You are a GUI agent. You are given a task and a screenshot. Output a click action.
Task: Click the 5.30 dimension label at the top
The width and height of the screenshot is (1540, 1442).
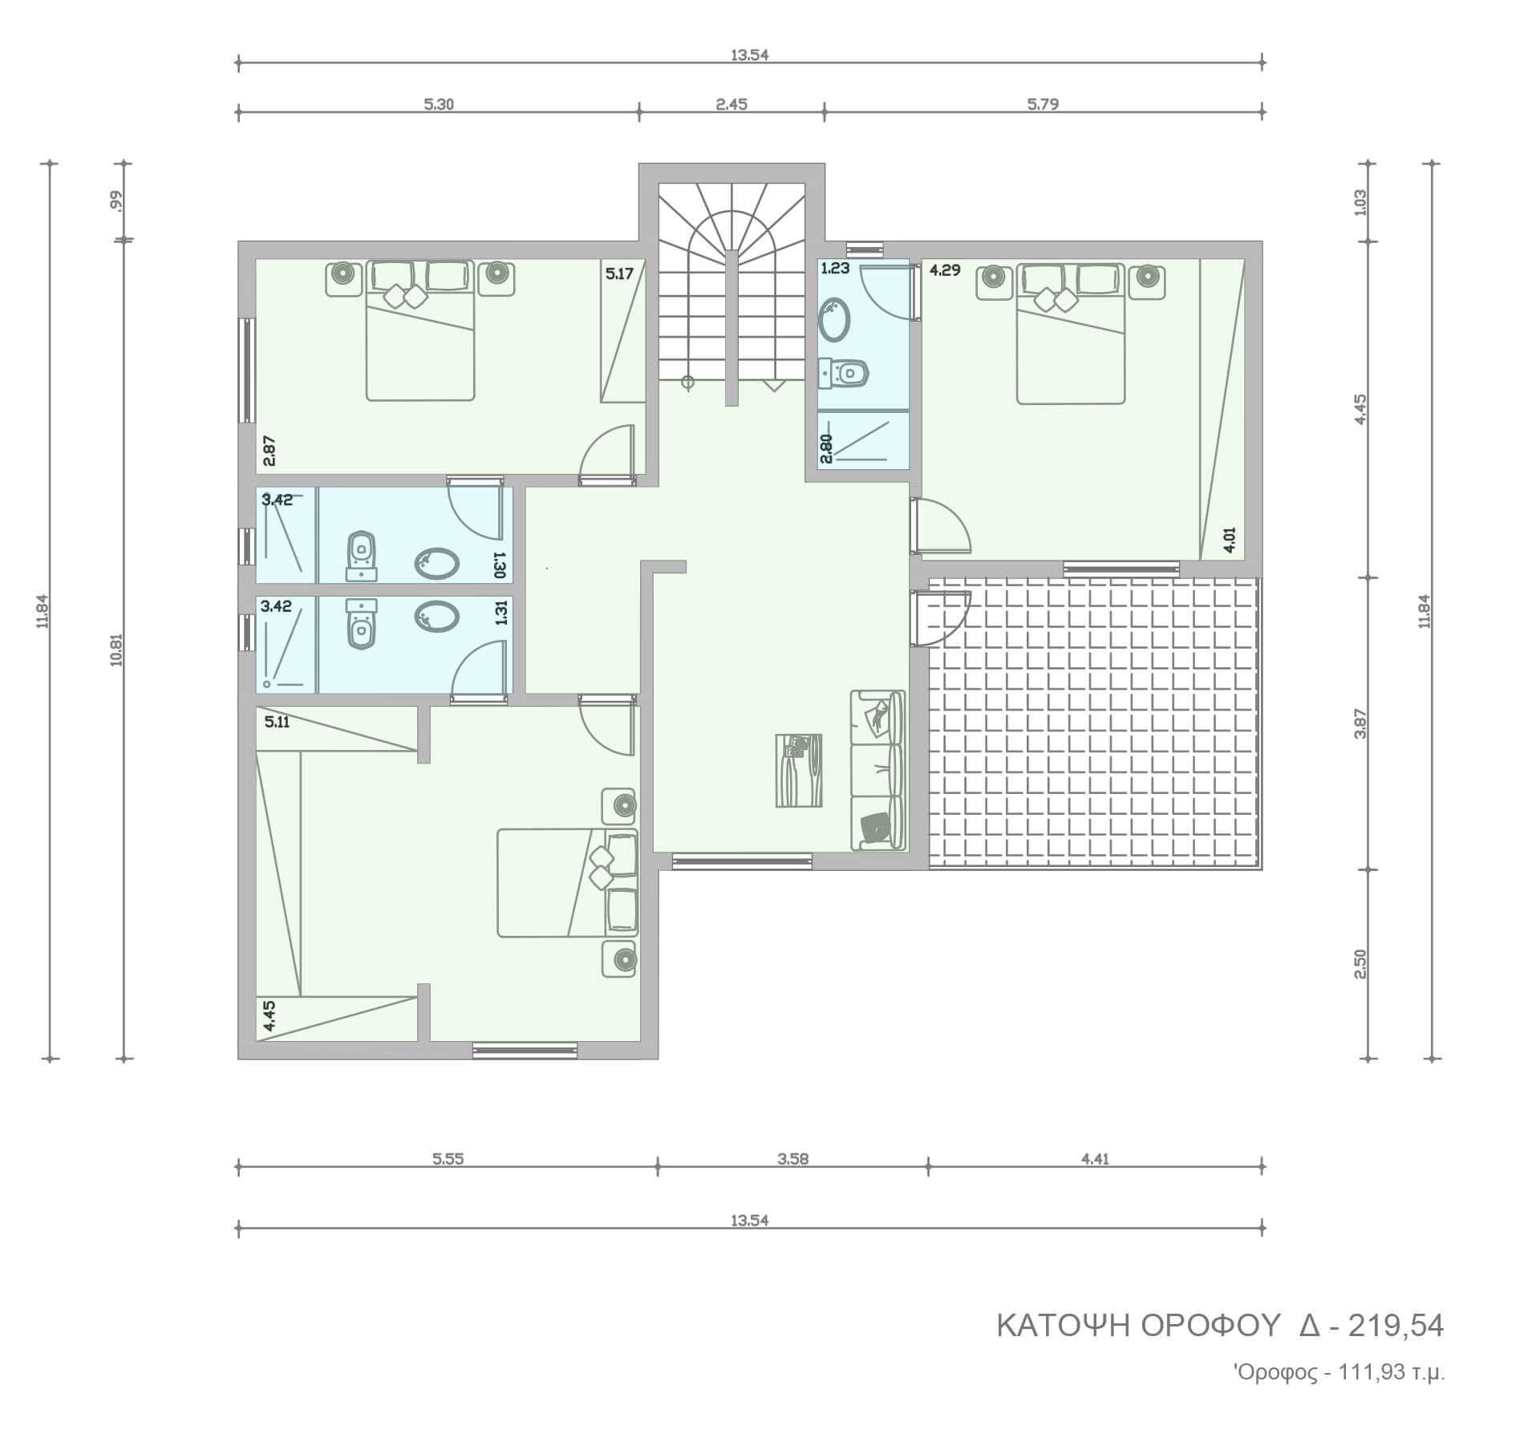click(x=439, y=104)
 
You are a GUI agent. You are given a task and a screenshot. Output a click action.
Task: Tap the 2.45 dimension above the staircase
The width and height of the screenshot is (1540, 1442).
click(x=731, y=104)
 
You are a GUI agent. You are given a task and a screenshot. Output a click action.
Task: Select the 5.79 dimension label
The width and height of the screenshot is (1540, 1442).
click(x=1043, y=104)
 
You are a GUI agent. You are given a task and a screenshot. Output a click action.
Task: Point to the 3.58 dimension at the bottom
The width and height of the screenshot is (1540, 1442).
click(x=792, y=1158)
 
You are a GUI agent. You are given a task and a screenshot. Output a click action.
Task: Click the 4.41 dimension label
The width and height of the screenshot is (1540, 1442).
click(x=1095, y=1158)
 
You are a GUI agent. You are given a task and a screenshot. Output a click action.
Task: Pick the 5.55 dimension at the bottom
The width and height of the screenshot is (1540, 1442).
click(x=448, y=1158)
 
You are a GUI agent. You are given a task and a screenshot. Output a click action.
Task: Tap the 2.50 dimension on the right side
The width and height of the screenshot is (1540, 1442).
click(x=1359, y=964)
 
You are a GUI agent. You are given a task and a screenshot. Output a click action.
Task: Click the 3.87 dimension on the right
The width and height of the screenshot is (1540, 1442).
click(x=1359, y=723)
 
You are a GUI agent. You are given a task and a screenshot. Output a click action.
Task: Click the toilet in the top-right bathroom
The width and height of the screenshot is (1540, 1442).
click(x=844, y=373)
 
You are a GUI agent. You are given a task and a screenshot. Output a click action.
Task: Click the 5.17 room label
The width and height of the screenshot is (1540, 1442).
click(x=619, y=273)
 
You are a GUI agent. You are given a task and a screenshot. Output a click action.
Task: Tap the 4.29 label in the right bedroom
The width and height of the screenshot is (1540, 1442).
click(x=945, y=270)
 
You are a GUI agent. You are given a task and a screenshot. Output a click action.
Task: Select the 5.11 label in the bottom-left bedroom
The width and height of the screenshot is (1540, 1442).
click(x=277, y=722)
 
